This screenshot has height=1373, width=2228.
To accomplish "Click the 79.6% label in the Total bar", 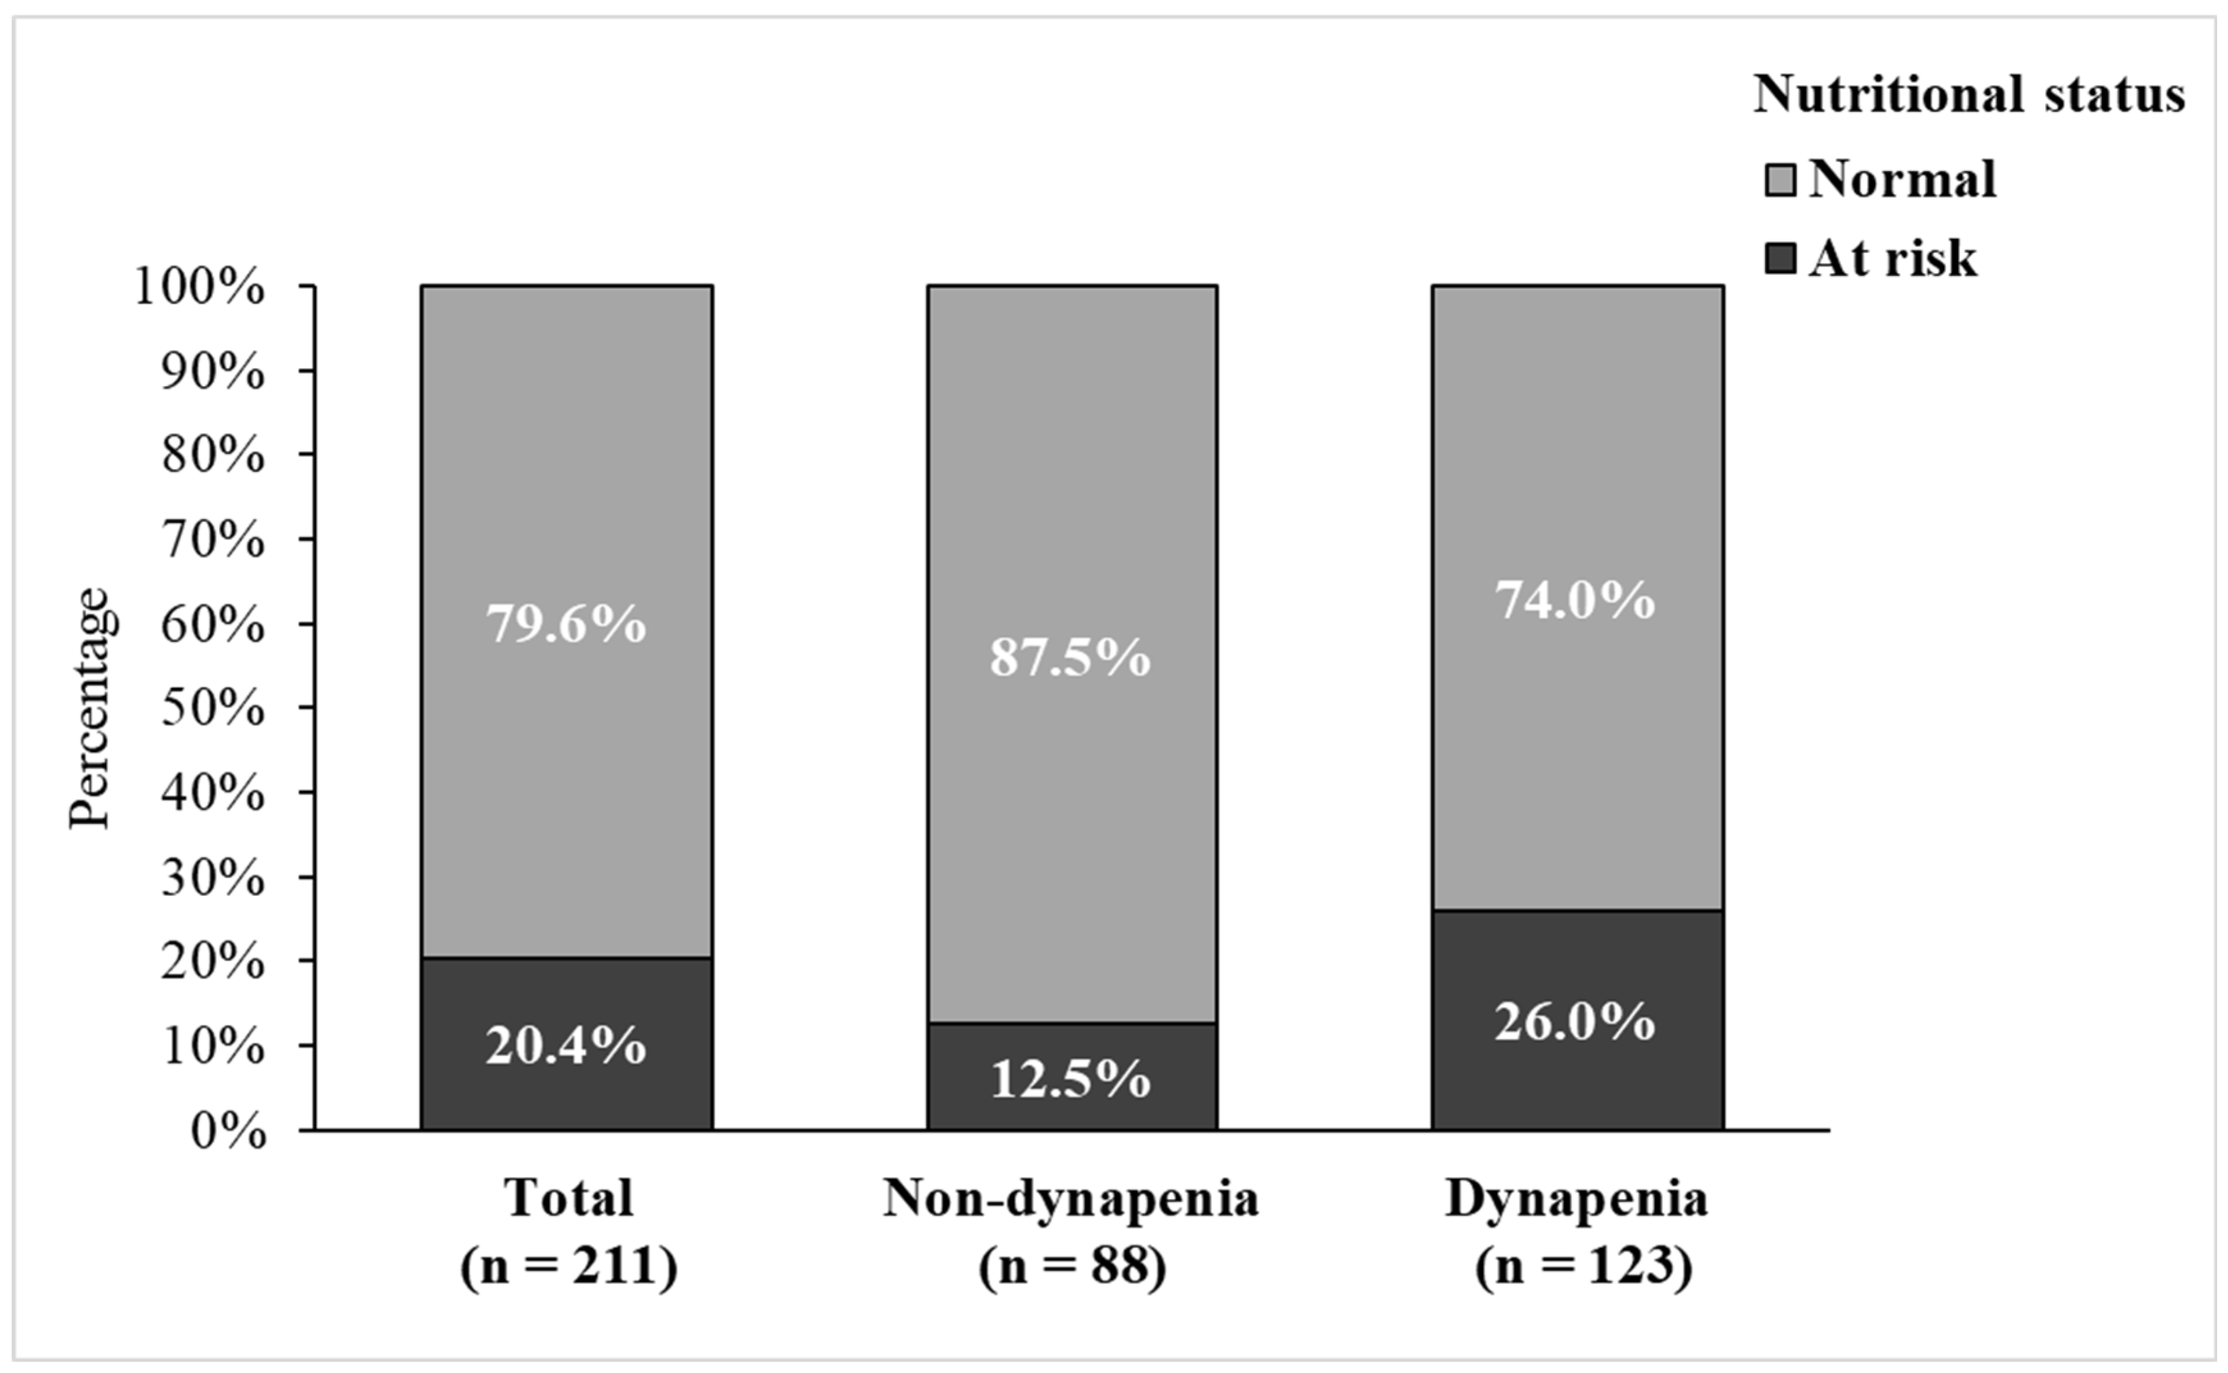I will (x=566, y=625).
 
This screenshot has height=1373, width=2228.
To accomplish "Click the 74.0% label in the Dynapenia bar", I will (x=1576, y=600).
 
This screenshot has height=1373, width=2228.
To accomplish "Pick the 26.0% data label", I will (x=1576, y=1022).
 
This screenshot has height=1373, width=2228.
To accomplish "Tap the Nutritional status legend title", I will (x=1968, y=95).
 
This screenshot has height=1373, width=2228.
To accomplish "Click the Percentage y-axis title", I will (x=91, y=709).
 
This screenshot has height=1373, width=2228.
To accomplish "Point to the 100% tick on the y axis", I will (x=200, y=288).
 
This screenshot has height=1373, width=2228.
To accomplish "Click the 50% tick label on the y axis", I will (x=213, y=709).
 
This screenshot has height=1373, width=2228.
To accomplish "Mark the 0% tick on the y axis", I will (x=229, y=1132).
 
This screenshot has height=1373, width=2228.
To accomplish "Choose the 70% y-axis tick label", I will (x=213, y=542).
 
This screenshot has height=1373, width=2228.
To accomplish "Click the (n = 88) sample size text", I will (x=1072, y=1266).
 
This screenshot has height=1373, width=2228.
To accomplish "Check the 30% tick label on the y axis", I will (x=213, y=878).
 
